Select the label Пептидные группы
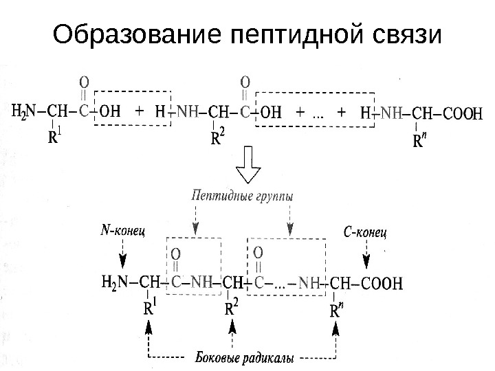[x=244, y=196]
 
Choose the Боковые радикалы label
[x=245, y=358]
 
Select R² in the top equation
[x=216, y=139]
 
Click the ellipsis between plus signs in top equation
[x=318, y=113]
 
